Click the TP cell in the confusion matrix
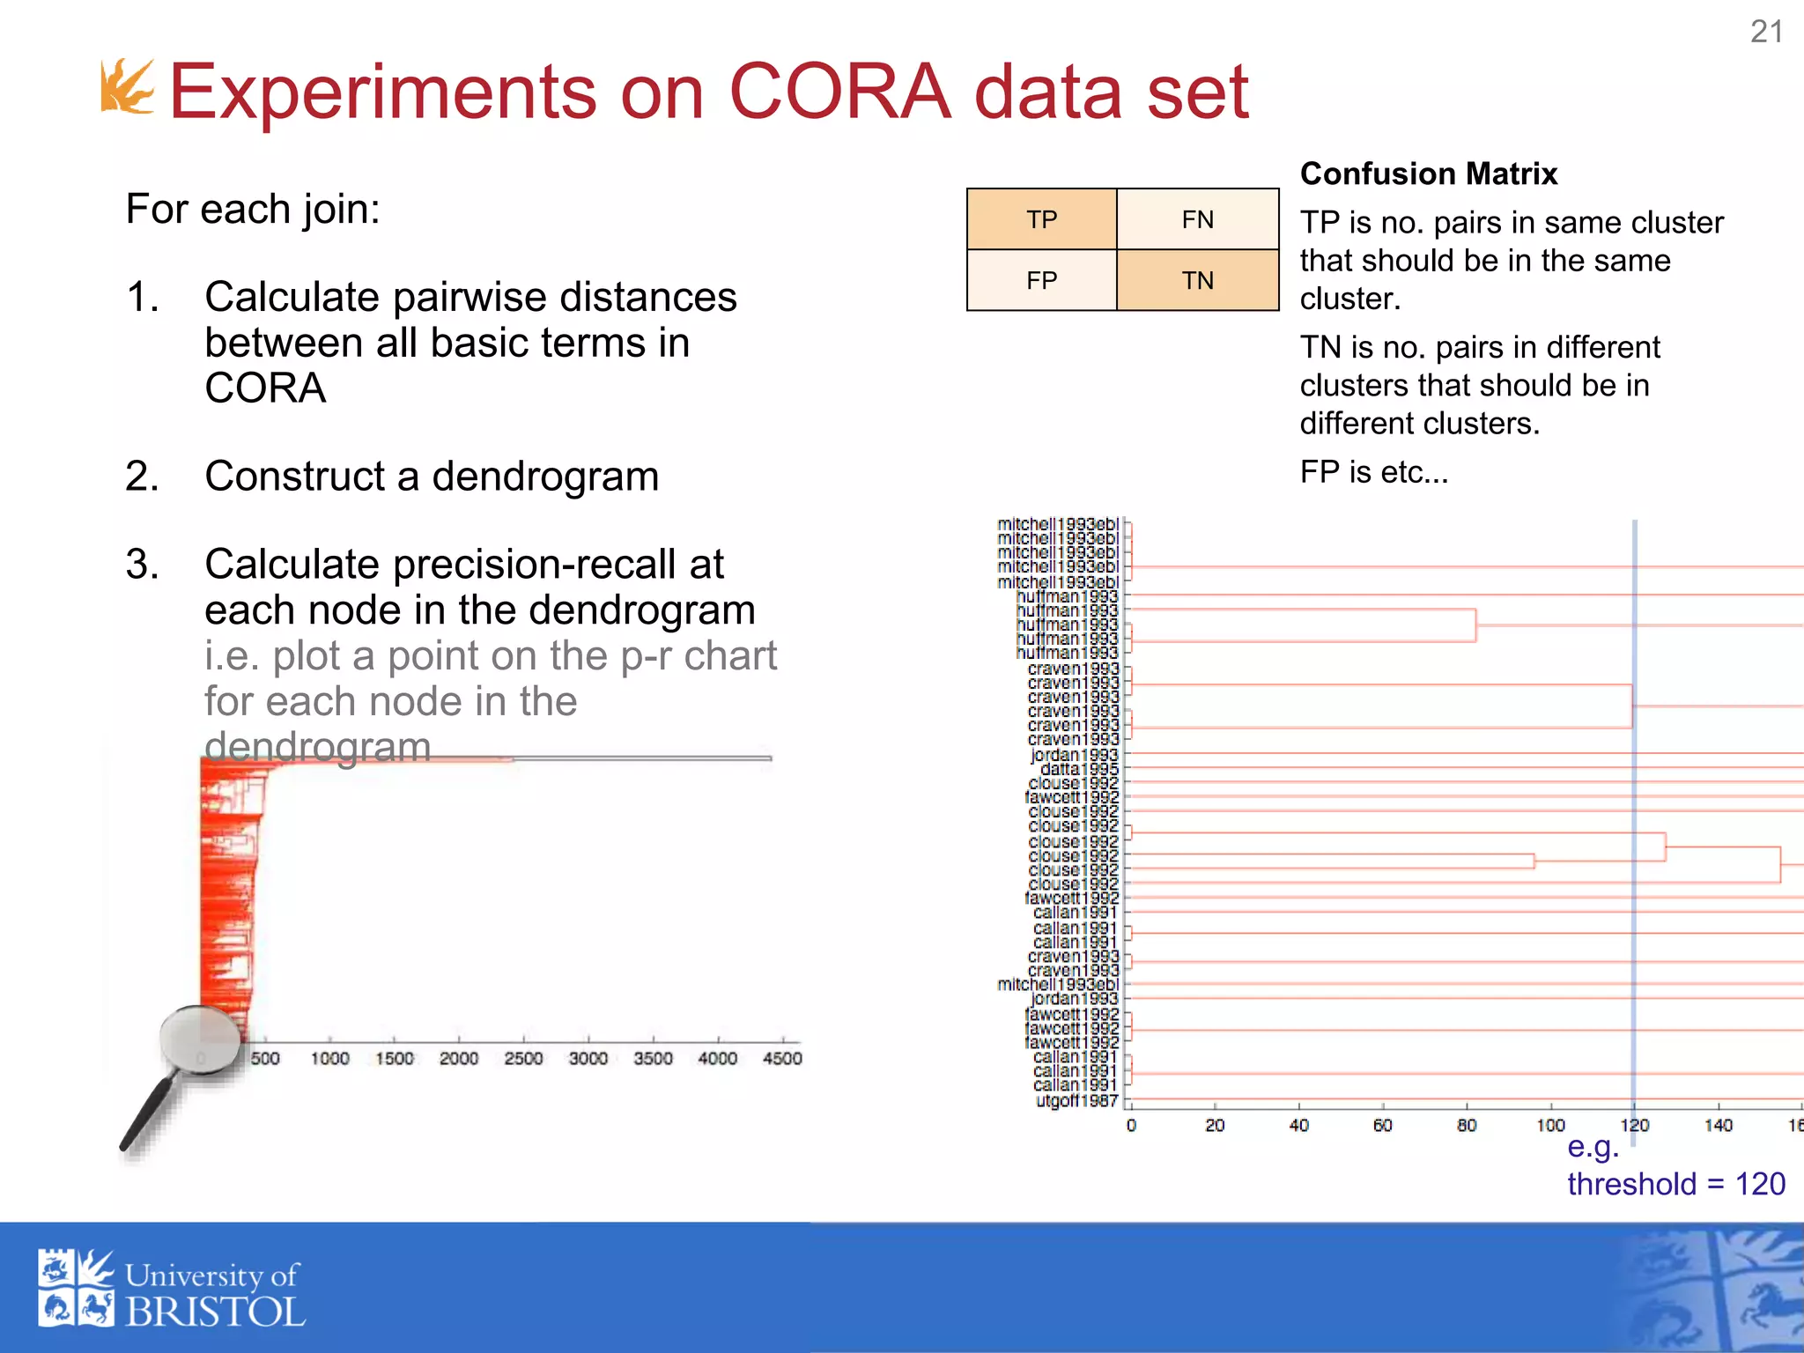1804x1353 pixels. (1041, 219)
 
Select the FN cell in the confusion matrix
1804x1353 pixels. (1197, 219)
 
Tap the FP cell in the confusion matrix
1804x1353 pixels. (1041, 280)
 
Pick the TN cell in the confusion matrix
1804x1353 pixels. (1197, 280)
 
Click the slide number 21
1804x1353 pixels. (1766, 32)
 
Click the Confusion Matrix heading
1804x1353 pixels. (1428, 174)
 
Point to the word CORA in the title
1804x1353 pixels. (839, 92)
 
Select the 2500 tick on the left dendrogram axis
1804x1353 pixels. (523, 1058)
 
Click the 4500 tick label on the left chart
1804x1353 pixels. (782, 1058)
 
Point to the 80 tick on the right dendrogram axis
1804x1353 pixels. (1467, 1125)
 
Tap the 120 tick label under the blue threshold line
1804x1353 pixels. (1634, 1125)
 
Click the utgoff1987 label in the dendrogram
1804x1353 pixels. (1076, 1100)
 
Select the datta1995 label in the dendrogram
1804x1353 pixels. (1079, 769)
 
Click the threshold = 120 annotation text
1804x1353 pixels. (1675, 1183)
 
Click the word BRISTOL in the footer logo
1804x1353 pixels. (215, 1312)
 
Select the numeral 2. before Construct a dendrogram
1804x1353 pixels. (142, 477)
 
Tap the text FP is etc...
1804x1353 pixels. (1373, 472)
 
